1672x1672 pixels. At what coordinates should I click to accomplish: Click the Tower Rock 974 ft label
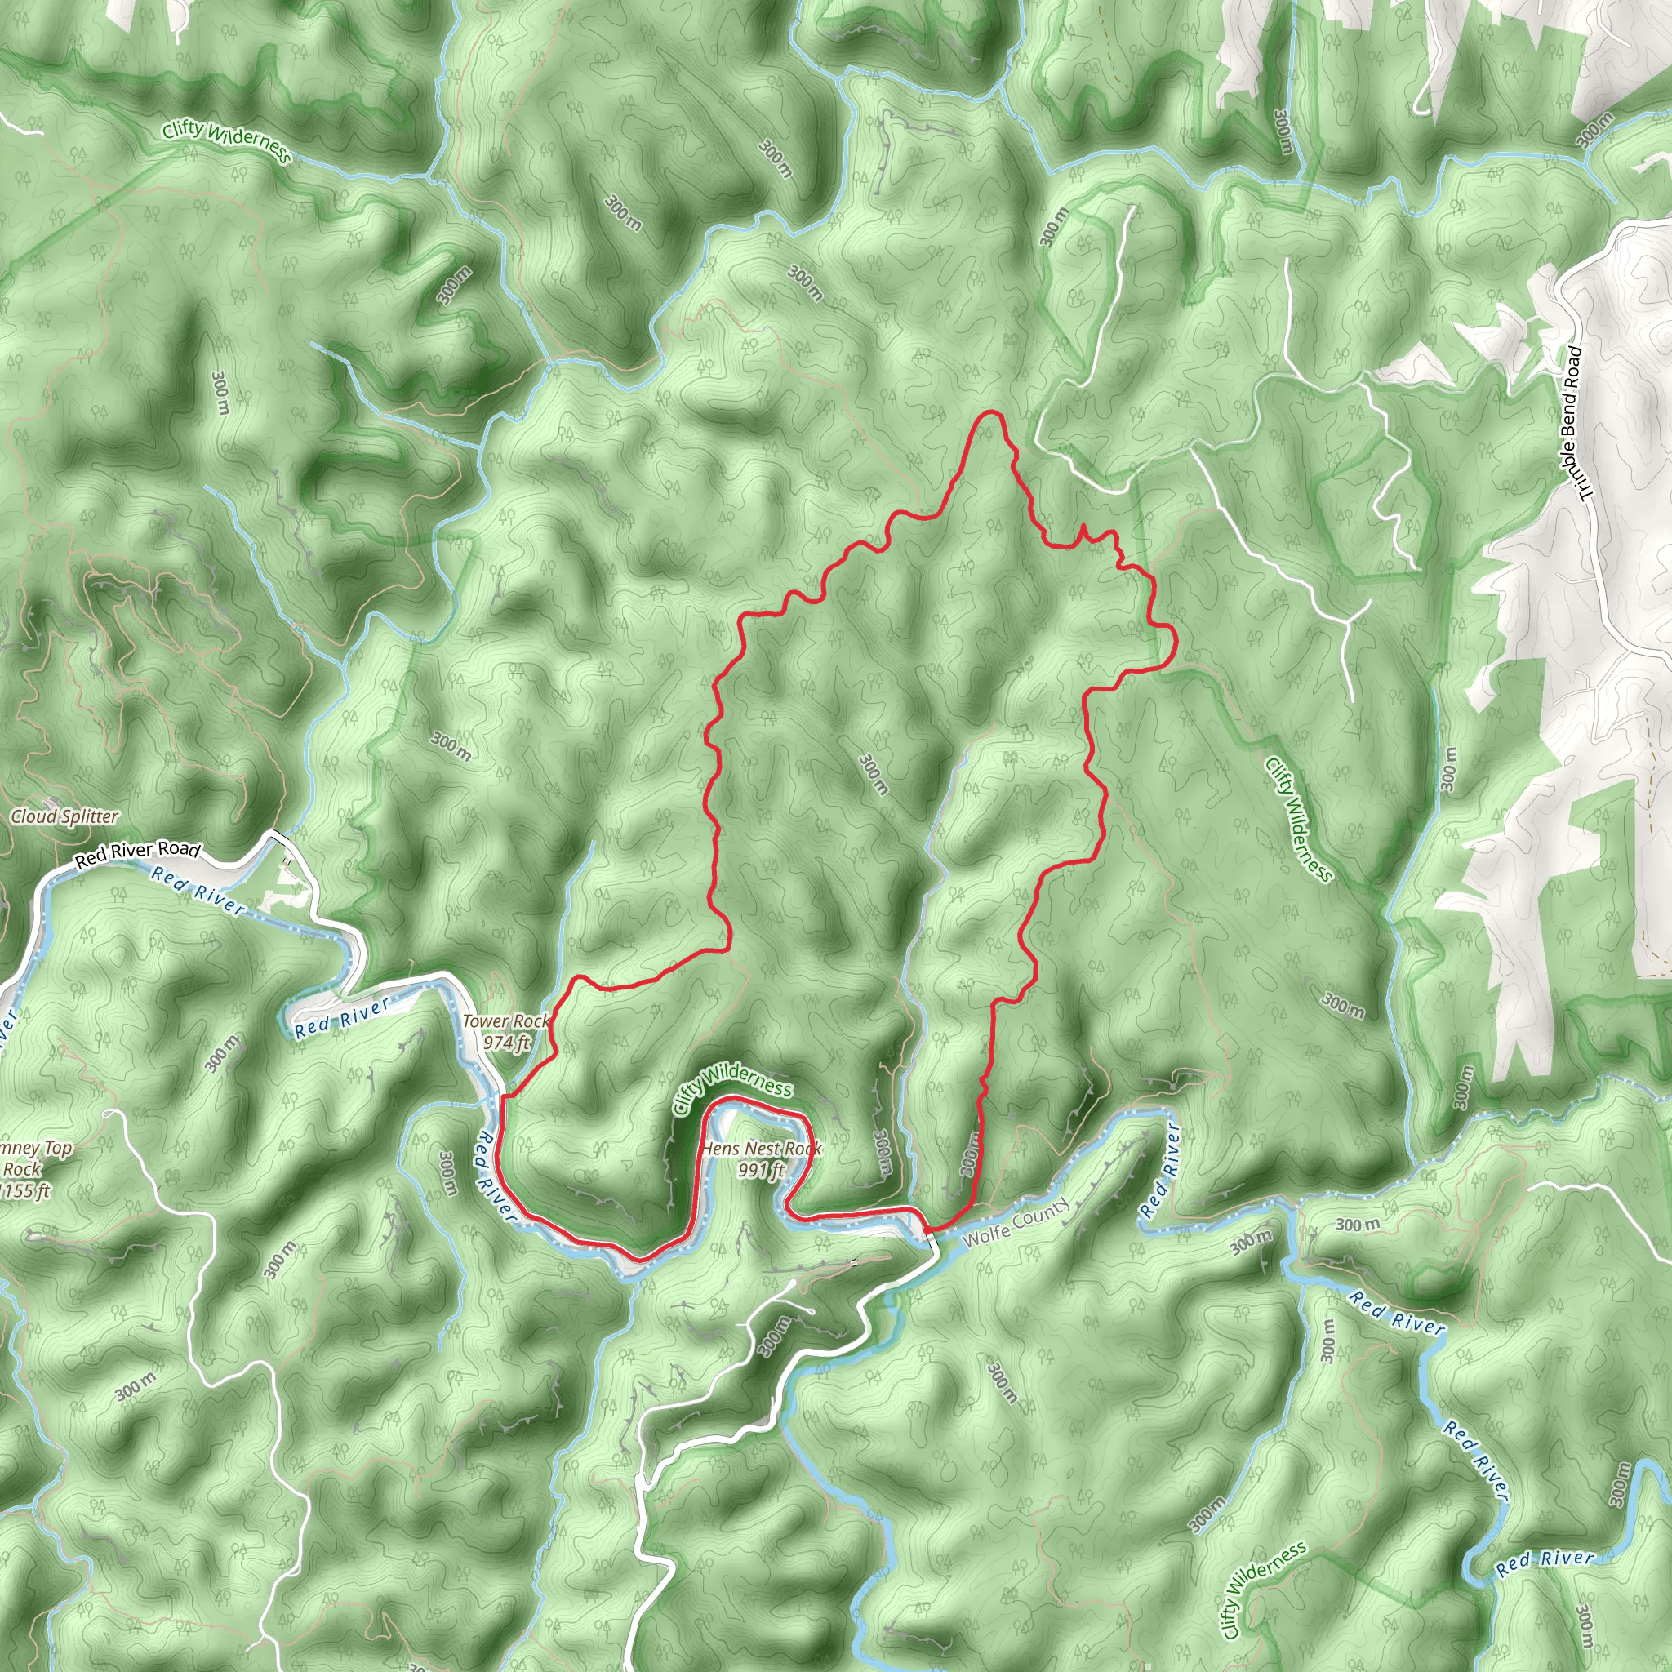(506, 1032)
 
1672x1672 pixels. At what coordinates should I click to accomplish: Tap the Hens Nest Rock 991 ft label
(762, 1158)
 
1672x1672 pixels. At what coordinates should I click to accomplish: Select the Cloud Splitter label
(65, 816)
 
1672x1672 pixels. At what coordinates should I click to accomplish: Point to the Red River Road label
(138, 853)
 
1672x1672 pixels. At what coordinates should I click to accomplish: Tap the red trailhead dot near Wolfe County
(927, 1229)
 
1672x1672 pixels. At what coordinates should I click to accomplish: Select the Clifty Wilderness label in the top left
(227, 141)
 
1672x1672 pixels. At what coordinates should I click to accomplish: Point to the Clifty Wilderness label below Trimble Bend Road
(1298, 819)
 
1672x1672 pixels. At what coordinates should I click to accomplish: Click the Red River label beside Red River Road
(198, 890)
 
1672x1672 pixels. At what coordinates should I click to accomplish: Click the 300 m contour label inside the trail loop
(874, 773)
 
